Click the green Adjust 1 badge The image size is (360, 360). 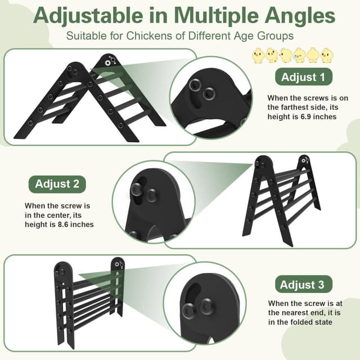pos(303,77)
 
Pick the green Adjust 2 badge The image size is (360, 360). pos(61,183)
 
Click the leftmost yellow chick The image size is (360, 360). pos(258,55)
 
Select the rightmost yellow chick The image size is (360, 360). pos(327,55)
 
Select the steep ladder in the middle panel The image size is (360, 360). pos(281,200)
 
